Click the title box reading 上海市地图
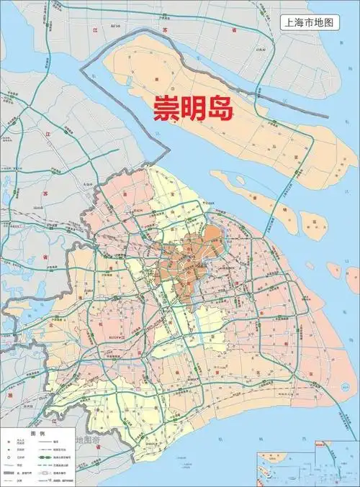pyautogui.click(x=308, y=22)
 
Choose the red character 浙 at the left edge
pyautogui.click(x=9, y=396)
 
